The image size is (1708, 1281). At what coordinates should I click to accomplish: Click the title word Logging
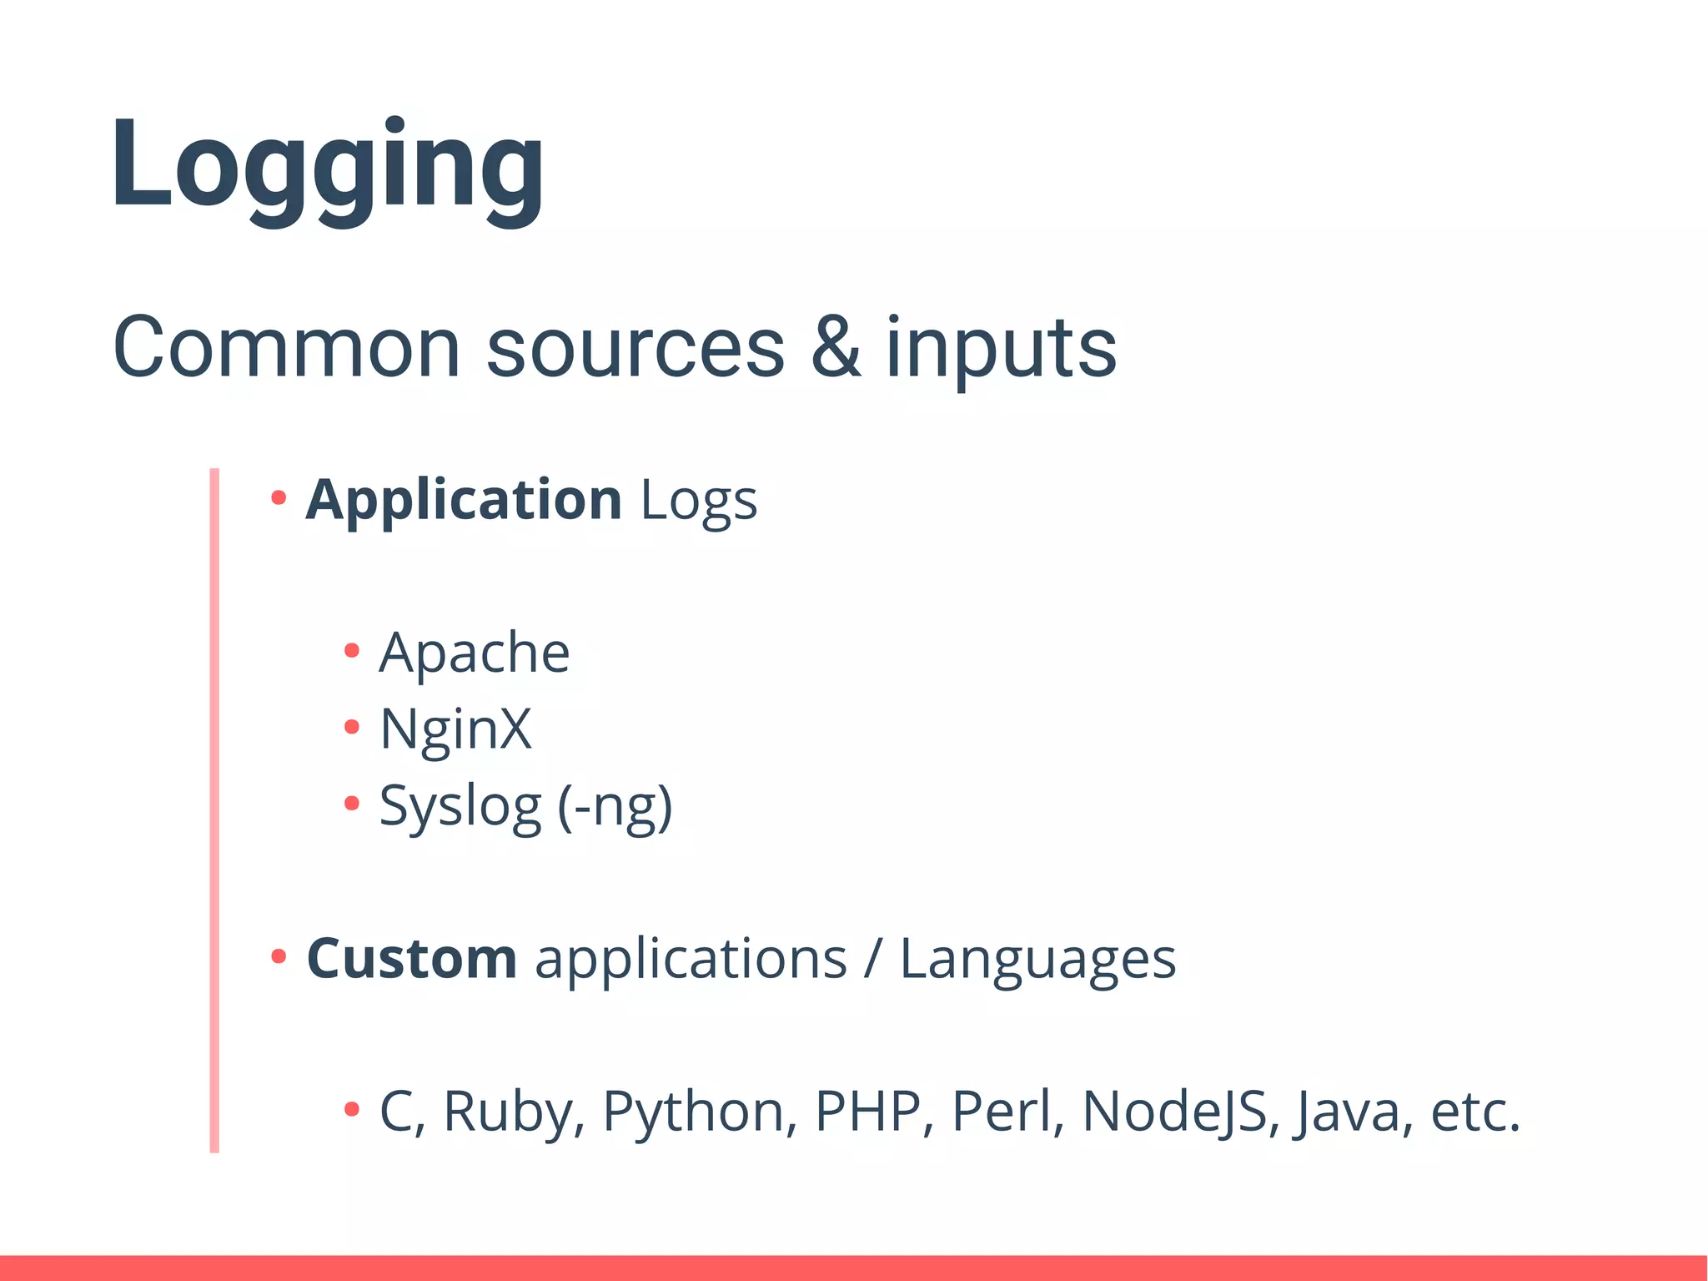327,167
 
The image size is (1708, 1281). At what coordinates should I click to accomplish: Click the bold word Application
464,501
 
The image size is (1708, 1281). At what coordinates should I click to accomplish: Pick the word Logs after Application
699,502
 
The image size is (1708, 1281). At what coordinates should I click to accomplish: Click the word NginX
455,729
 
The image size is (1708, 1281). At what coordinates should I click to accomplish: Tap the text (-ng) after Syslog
615,806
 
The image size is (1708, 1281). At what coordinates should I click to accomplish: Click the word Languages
1037,960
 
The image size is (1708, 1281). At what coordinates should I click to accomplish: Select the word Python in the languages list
693,1112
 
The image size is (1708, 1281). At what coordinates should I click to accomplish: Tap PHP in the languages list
868,1111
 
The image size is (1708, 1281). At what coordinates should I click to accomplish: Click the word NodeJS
1175,1112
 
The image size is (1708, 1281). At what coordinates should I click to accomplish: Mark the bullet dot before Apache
352,650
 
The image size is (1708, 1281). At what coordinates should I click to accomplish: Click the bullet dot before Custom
279,956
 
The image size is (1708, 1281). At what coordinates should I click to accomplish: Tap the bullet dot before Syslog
352,804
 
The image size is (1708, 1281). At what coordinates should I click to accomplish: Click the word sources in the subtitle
635,348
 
